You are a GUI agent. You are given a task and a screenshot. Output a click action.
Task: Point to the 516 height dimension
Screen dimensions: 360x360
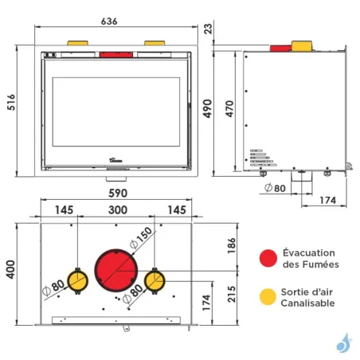tap(11, 103)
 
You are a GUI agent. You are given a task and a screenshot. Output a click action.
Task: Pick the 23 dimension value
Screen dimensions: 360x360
tap(209, 29)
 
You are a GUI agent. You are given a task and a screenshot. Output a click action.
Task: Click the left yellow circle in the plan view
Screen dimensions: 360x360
tap(77, 280)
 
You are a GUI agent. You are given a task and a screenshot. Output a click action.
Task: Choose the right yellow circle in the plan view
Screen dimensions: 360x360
tap(155, 280)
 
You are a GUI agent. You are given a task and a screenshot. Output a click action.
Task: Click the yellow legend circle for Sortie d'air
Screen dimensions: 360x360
tap(268, 296)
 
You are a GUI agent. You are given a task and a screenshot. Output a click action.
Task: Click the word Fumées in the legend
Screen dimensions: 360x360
tap(319, 264)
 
